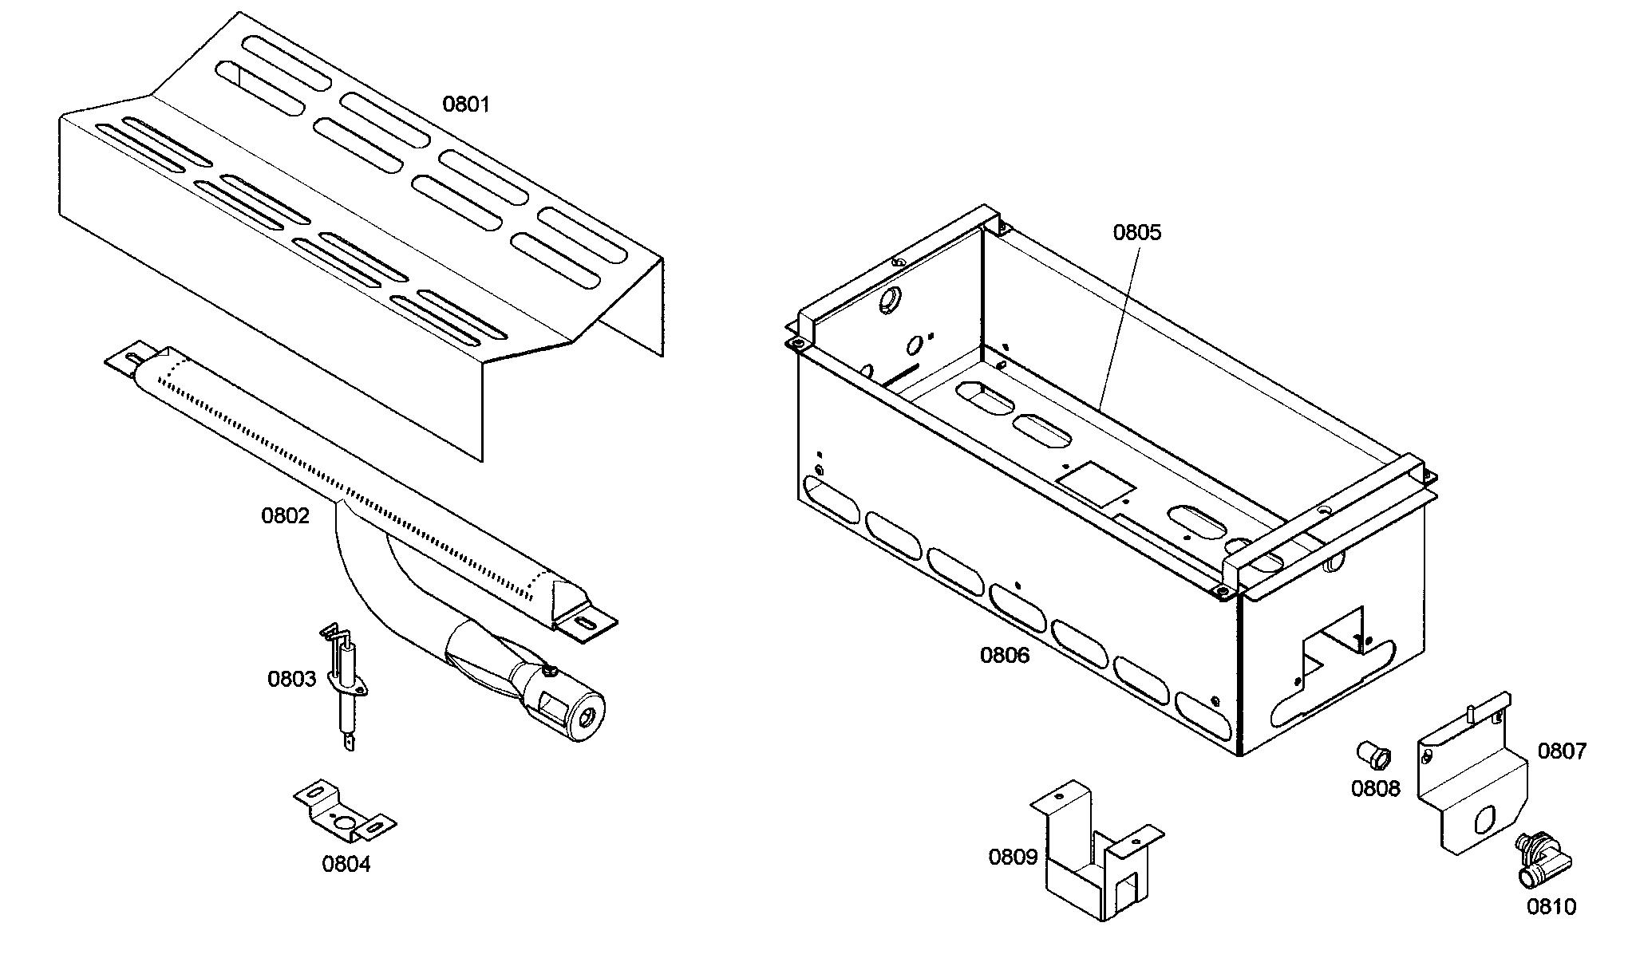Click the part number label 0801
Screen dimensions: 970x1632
466,104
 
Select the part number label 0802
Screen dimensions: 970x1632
285,516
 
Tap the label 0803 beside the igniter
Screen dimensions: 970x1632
291,680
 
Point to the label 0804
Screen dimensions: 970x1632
346,864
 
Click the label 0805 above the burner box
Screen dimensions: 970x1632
1137,233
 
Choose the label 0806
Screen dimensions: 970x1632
1005,656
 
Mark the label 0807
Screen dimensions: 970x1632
1562,751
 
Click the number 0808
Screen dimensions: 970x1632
1375,789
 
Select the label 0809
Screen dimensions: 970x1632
1013,858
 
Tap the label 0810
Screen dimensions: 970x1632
1551,907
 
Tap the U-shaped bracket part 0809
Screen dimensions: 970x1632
1093,862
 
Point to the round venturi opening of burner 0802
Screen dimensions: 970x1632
587,718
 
